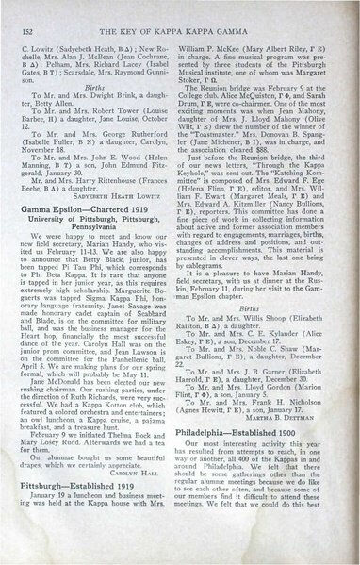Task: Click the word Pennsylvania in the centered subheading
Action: (x=97, y=254)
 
